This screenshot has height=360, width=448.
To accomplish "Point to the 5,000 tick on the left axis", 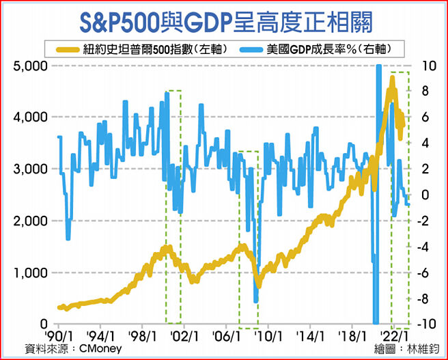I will pyautogui.click(x=30, y=66).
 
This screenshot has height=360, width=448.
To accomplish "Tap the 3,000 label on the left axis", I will pyautogui.click(x=30, y=169).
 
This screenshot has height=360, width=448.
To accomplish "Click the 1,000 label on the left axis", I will pyautogui.click(x=30, y=273).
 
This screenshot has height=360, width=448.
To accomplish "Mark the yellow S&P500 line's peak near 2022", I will pyautogui.click(x=391, y=79).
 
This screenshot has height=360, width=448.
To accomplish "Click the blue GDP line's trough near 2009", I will pyautogui.click(x=255, y=301).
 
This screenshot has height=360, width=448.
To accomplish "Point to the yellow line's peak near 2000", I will pyautogui.click(x=166, y=247).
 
